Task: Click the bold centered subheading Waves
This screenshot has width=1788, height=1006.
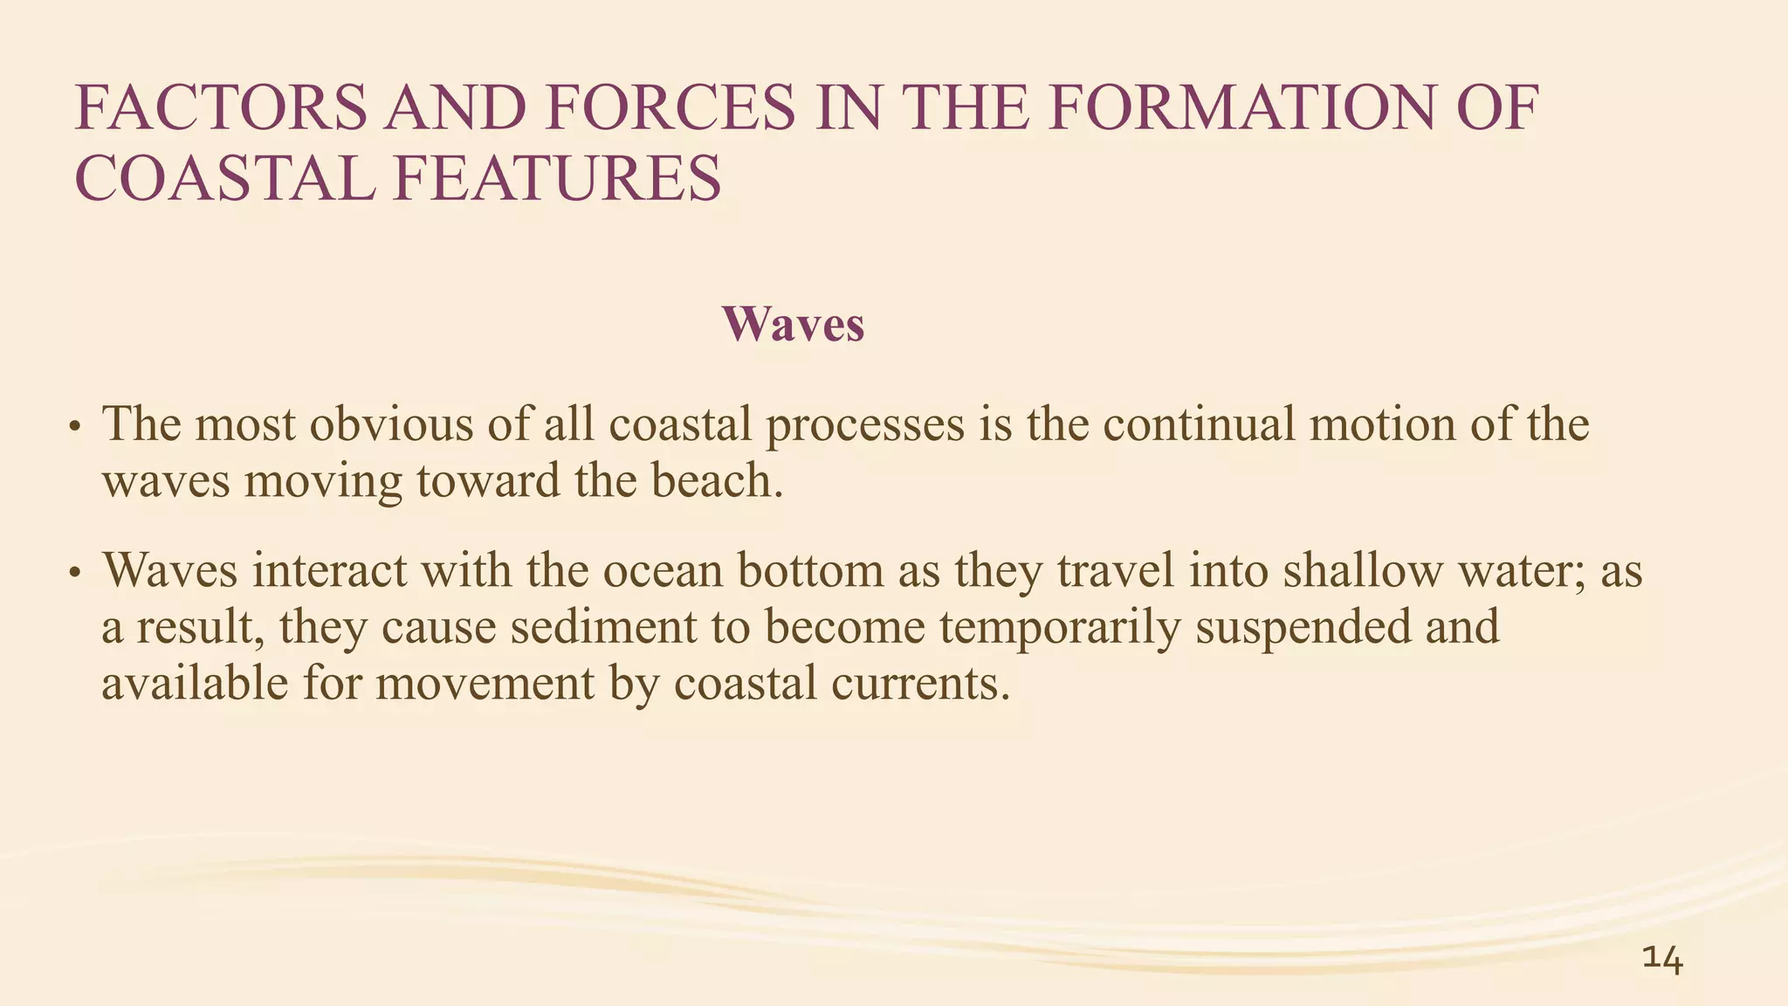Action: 793,324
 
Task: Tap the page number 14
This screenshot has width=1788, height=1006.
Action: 1662,959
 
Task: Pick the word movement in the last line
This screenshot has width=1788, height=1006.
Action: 485,684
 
